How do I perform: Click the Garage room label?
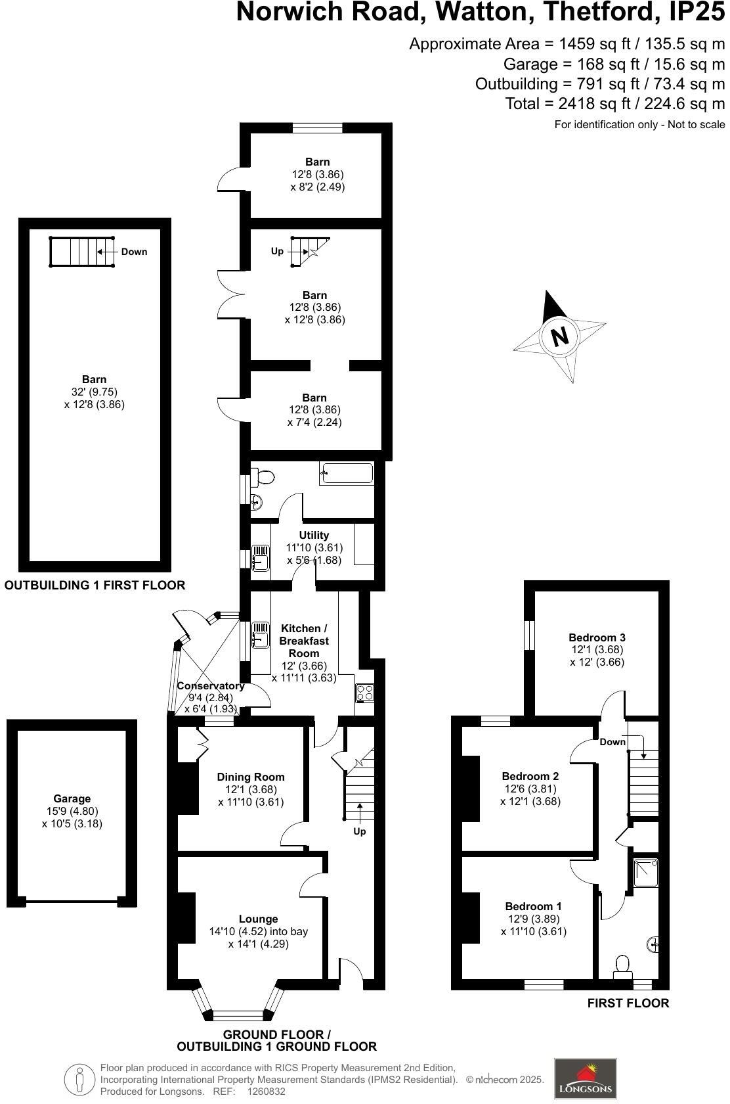(x=72, y=799)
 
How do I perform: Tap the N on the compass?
(x=559, y=336)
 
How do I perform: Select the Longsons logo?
(x=586, y=1078)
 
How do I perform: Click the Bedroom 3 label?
(x=597, y=637)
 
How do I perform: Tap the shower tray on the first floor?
(x=645, y=872)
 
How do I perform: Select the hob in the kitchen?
(x=364, y=693)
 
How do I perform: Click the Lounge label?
(x=258, y=919)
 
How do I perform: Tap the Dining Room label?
(x=251, y=777)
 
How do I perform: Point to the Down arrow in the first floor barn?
(x=108, y=252)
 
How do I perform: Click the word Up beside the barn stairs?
(x=278, y=251)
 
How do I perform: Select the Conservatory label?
(x=211, y=686)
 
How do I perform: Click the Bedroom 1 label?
(x=533, y=906)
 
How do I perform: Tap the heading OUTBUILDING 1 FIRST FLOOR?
(x=95, y=585)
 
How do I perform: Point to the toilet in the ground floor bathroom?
(x=264, y=476)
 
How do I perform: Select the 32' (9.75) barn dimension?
(x=94, y=392)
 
